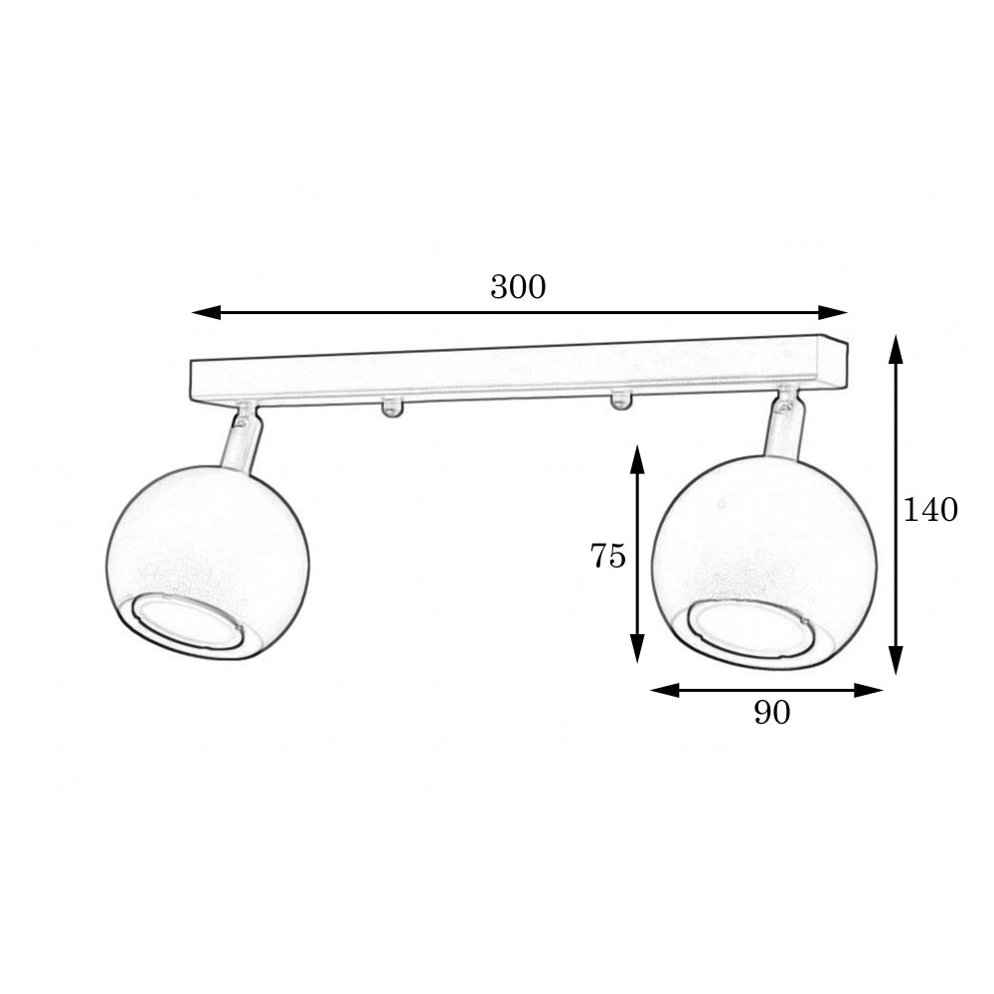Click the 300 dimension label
518,287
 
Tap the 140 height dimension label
930,510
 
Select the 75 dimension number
608,556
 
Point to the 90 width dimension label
772,713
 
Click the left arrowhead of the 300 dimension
206,312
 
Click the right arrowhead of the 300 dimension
832,312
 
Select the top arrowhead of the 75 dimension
638,459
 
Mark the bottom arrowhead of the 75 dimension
638,648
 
